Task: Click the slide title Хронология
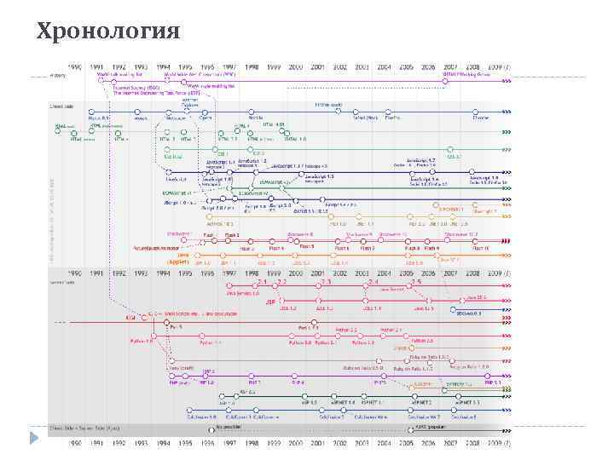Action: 109,32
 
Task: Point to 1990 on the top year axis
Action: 76,66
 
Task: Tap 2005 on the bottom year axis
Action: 407,444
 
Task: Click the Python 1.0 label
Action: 142,341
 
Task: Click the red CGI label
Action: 130,317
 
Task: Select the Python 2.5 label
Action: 424,339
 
